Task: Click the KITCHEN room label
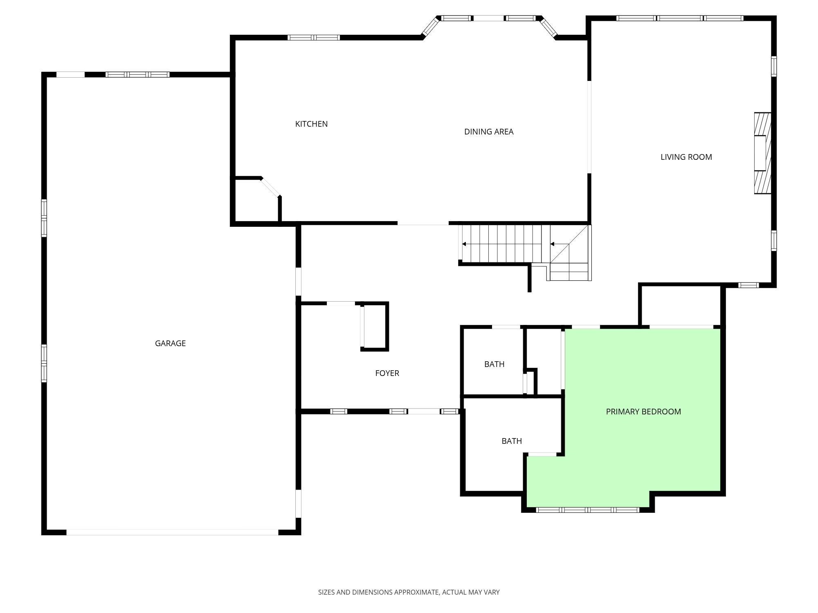coord(311,124)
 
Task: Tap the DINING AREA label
coord(489,132)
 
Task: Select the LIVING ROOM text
coord(686,157)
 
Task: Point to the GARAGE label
coord(170,343)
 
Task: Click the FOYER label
coord(387,373)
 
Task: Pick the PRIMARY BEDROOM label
coord(643,412)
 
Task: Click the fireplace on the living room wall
coord(763,153)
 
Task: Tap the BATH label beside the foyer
coord(494,364)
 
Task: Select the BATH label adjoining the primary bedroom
coord(512,441)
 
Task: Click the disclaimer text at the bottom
coord(409,592)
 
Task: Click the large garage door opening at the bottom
coord(172,532)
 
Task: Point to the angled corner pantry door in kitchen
coord(271,187)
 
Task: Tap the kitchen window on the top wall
coord(314,38)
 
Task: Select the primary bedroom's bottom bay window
coord(587,510)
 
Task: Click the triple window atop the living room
coord(680,18)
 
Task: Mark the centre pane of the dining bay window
coord(488,18)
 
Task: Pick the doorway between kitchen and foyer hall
coord(423,223)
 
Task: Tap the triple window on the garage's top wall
coord(137,74)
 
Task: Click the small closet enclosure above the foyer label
coord(374,327)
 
